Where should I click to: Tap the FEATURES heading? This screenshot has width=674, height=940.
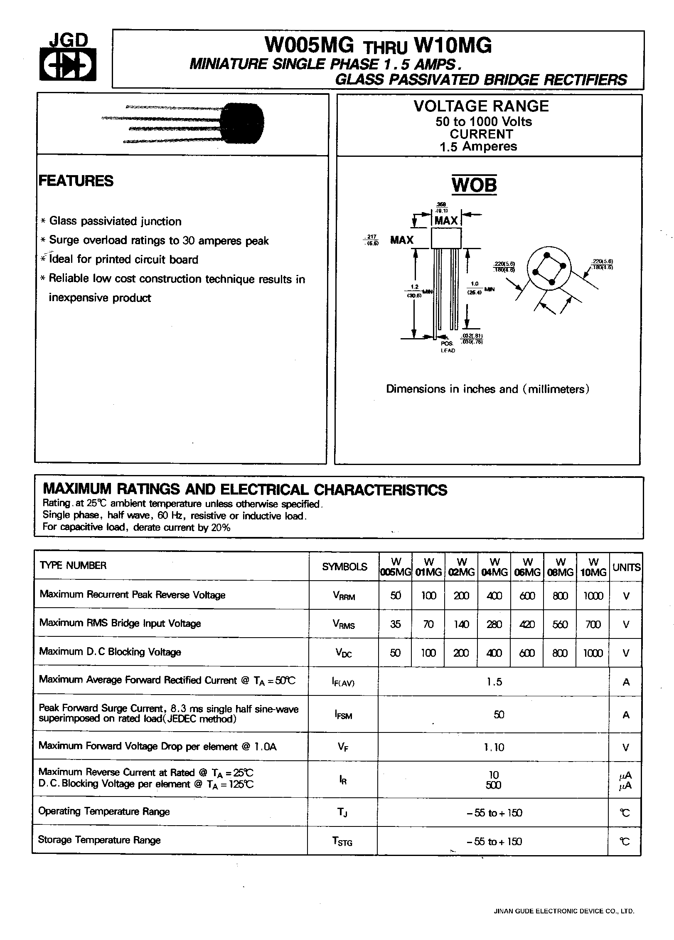click(x=76, y=181)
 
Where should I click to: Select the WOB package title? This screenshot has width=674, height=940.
click(x=474, y=184)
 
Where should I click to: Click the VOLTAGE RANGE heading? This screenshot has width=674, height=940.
click(x=481, y=106)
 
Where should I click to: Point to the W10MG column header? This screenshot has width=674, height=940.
click(x=593, y=567)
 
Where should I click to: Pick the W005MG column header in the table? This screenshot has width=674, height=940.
click(x=395, y=567)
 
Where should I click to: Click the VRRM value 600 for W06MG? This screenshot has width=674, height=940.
click(x=527, y=596)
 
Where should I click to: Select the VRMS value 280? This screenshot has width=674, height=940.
click(x=494, y=624)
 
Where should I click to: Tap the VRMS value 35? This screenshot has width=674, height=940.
click(x=395, y=624)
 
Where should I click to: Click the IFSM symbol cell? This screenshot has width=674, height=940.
click(x=343, y=715)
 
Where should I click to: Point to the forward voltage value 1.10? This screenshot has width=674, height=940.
click(x=494, y=747)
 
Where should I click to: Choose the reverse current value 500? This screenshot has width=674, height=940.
click(x=493, y=785)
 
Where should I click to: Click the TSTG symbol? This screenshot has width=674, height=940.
click(x=342, y=841)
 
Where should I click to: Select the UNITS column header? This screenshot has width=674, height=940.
click(x=626, y=567)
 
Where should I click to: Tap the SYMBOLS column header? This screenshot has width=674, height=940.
click(x=344, y=566)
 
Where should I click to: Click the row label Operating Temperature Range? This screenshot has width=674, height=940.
click(x=104, y=811)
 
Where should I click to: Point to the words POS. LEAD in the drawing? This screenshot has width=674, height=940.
click(x=448, y=347)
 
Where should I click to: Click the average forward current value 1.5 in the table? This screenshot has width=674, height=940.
click(x=494, y=682)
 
